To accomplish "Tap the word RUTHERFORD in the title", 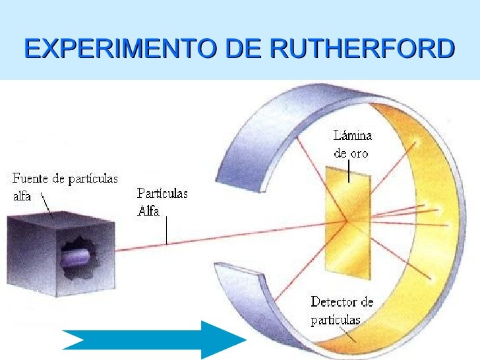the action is (362, 48).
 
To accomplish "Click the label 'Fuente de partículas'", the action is (65, 179).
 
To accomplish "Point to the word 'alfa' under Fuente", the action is (22, 196).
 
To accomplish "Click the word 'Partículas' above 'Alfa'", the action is (162, 193).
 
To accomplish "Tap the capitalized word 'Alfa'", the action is (148, 211).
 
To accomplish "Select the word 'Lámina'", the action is (353, 136).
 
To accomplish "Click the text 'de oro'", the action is (351, 153).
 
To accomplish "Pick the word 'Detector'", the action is (333, 302).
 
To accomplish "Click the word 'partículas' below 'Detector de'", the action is (336, 320).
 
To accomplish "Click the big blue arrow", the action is (154, 340).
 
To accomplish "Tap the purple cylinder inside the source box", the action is (76, 258).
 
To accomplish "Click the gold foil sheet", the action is (348, 223).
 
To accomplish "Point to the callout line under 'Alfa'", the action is (167, 231).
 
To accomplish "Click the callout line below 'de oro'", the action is (349, 171).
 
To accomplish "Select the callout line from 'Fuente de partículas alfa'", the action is (47, 206).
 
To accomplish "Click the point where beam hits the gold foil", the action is (347, 220).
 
